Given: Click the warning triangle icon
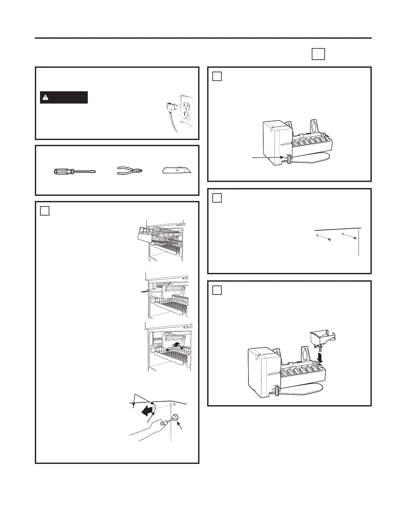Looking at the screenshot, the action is [46, 97].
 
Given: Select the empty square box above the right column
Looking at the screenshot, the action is [318, 54].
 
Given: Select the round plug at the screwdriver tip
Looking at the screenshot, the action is [176, 418].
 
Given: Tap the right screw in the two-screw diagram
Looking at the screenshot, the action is [355, 238].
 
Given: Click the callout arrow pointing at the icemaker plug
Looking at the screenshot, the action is [268, 157].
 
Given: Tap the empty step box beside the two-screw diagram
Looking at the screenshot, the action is [217, 197].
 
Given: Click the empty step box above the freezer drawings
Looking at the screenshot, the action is [45, 211].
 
